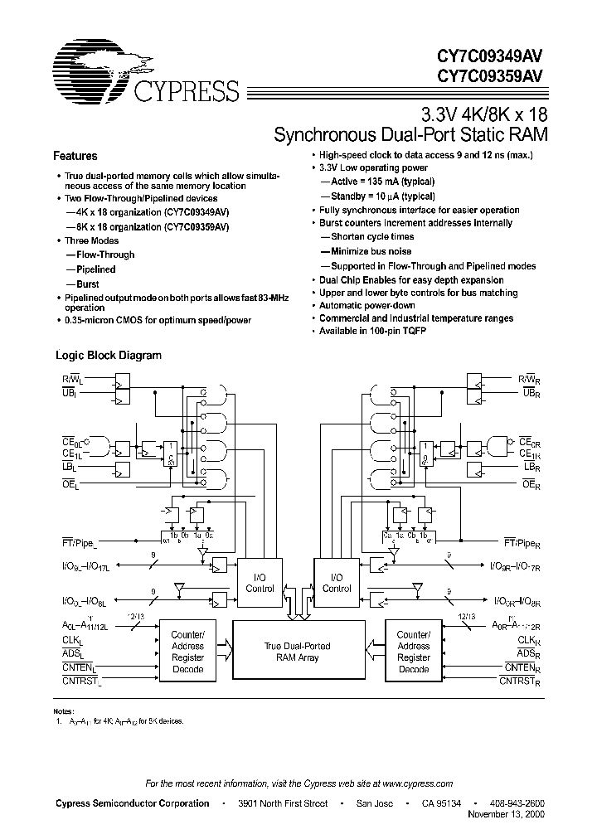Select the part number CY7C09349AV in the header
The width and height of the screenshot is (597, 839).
(x=491, y=55)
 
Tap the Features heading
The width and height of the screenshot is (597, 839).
(x=75, y=156)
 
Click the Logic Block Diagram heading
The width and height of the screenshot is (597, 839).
(x=108, y=356)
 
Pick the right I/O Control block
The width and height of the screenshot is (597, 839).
(x=337, y=583)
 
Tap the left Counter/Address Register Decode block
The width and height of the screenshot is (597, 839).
(x=187, y=652)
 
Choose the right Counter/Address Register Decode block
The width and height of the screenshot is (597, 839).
(x=413, y=652)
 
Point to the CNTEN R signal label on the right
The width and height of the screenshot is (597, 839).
(x=522, y=668)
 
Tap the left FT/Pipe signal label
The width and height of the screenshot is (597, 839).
(x=80, y=543)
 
